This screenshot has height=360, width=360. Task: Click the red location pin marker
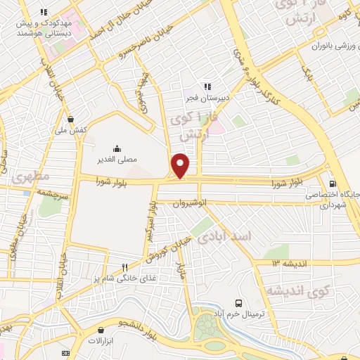(x=181, y=165)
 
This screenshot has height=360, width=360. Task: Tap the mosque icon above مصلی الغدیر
(x=117, y=148)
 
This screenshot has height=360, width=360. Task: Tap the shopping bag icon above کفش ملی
(x=70, y=119)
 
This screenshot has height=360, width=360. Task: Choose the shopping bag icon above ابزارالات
(x=103, y=329)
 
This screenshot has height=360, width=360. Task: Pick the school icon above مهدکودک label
(x=44, y=12)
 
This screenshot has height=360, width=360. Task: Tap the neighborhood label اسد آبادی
(x=226, y=239)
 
